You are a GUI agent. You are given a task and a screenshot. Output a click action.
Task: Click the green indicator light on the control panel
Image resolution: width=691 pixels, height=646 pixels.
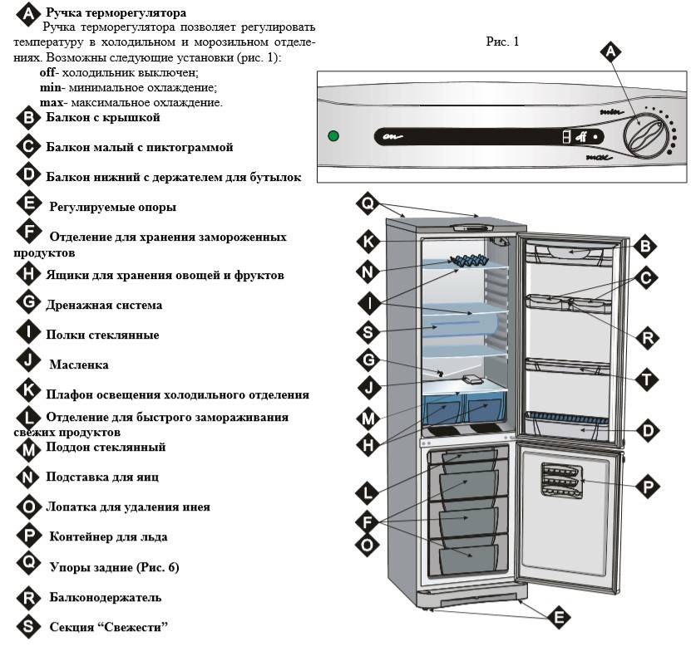click(x=334, y=136)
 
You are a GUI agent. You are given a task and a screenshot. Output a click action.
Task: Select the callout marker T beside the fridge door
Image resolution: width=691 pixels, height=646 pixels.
click(x=644, y=378)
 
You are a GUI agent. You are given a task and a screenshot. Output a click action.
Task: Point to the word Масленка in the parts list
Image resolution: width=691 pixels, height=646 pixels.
click(x=78, y=365)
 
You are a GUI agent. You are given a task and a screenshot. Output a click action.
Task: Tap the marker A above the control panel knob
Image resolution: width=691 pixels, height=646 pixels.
click(x=611, y=51)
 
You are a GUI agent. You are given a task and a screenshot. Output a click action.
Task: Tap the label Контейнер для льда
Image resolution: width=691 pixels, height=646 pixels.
click(x=106, y=536)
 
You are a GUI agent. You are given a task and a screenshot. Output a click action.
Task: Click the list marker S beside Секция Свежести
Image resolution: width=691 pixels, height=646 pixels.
click(x=29, y=627)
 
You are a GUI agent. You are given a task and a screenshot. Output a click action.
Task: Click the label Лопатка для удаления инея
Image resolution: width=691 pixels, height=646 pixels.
click(x=127, y=506)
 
